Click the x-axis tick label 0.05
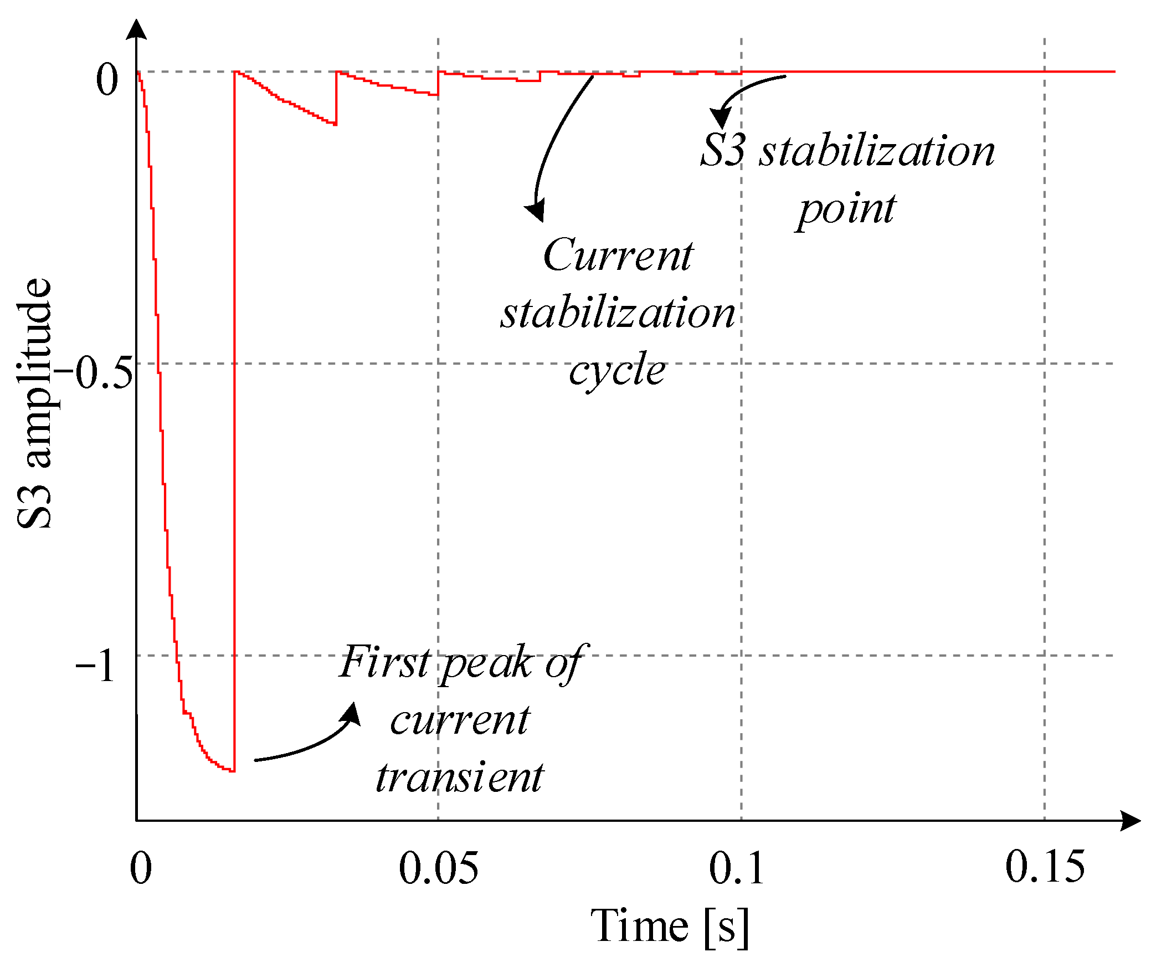point(438,868)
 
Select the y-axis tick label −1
point(95,665)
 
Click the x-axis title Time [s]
point(670,926)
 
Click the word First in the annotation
point(384,662)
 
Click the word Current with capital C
point(618,255)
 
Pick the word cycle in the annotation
point(617,370)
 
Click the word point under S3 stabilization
point(846,209)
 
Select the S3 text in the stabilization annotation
point(722,151)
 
